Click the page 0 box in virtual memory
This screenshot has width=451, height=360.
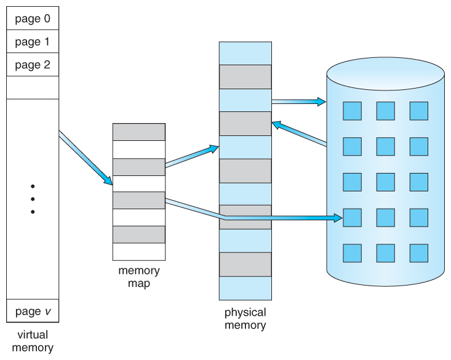[x=33, y=18]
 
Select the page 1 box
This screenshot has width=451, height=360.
[x=33, y=42]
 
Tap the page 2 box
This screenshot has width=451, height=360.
[x=33, y=65]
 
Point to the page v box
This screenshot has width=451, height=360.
[x=33, y=311]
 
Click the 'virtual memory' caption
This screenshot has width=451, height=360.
[x=33, y=341]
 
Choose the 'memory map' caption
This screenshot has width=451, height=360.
[x=138, y=276]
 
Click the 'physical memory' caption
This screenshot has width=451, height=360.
[x=245, y=318]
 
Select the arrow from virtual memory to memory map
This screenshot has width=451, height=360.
[x=86, y=158]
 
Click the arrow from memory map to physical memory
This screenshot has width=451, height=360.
[x=191, y=156]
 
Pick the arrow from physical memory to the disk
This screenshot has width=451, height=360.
[x=298, y=101]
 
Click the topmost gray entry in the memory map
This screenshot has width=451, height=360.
[x=138, y=132]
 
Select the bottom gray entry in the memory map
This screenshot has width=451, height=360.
[x=138, y=234]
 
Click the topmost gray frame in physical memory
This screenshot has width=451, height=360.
[x=245, y=77]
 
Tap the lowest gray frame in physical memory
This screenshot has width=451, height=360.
[x=245, y=264]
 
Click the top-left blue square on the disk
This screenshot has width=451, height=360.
[x=352, y=111]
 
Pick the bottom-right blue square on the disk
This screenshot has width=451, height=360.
[x=418, y=253]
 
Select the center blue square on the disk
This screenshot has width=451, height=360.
[x=385, y=182]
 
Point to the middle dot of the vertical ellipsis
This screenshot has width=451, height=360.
[x=33, y=199]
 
